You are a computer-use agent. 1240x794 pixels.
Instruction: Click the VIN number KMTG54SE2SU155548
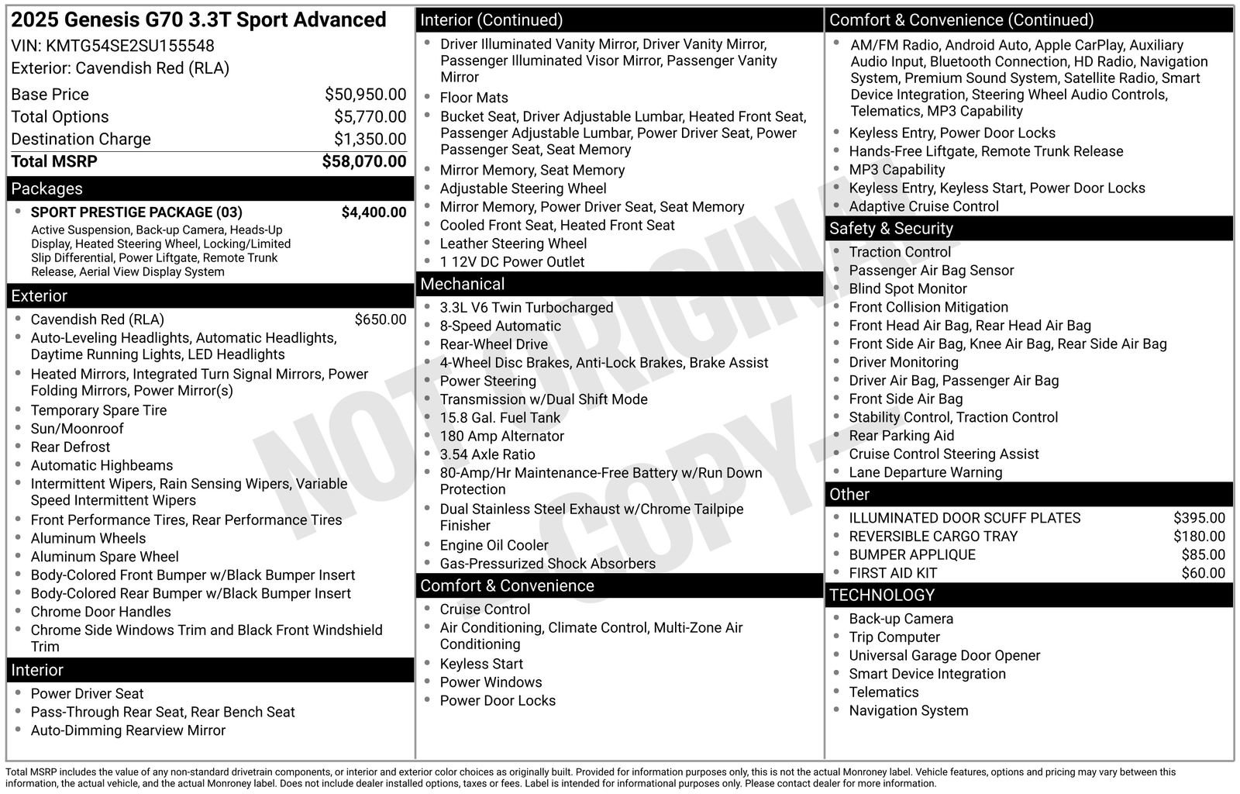click(x=129, y=46)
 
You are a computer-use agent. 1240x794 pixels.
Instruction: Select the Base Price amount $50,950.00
click(x=365, y=95)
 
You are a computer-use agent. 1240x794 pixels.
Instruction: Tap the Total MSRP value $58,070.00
click(x=363, y=161)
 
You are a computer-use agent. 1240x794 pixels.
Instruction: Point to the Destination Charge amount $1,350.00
click(x=370, y=140)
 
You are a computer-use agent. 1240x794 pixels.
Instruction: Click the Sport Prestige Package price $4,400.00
click(x=374, y=212)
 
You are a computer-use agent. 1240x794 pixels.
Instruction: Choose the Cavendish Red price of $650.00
click(x=380, y=319)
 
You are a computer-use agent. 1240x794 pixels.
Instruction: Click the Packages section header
click(x=46, y=188)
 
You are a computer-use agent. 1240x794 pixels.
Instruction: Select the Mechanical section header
click(x=462, y=285)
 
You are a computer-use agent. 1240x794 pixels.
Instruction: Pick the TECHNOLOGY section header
click(x=882, y=595)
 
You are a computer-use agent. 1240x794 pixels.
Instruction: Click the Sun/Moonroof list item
click(x=77, y=429)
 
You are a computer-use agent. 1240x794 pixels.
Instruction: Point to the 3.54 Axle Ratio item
click(x=487, y=454)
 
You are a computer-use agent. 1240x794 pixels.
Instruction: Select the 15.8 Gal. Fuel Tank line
click(x=500, y=418)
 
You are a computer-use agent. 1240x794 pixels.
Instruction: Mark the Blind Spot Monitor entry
click(x=908, y=289)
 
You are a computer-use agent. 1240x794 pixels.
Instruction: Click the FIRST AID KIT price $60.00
click(x=1203, y=574)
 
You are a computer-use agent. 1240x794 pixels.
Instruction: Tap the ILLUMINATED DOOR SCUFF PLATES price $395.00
click(x=1199, y=518)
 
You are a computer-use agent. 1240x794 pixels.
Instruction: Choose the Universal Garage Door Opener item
click(x=944, y=656)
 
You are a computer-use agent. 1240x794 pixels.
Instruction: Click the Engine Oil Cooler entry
click(x=494, y=546)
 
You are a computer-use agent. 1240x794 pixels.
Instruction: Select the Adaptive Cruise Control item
click(x=923, y=206)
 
